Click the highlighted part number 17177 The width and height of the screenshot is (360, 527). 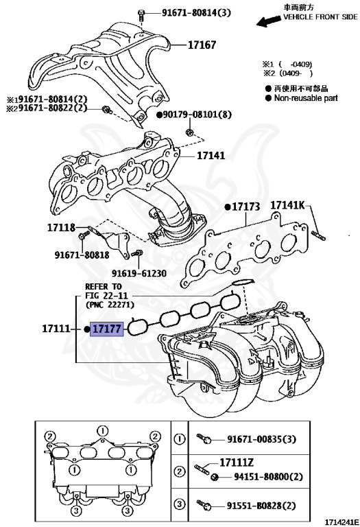[107, 329]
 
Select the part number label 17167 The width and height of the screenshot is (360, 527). [202, 45]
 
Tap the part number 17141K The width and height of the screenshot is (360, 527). [291, 205]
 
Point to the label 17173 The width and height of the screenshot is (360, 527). [246, 206]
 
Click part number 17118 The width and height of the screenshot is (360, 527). [61, 227]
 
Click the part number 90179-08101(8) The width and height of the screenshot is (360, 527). [197, 115]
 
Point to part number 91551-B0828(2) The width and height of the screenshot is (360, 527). [268, 506]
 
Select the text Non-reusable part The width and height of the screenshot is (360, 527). [306, 98]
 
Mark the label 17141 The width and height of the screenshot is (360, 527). [211, 156]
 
